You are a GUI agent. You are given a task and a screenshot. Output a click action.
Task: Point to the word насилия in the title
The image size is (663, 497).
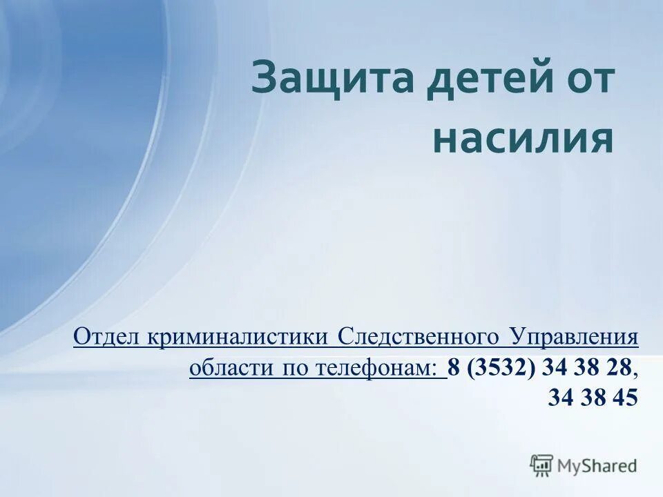point(523,139)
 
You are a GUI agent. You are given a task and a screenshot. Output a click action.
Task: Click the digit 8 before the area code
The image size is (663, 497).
point(454,368)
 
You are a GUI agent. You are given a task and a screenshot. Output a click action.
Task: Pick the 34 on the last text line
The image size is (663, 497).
point(559,398)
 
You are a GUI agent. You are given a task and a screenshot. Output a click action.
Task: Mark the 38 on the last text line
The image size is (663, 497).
point(592,398)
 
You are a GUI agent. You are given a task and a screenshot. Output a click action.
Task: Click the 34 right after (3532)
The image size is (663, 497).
point(554,368)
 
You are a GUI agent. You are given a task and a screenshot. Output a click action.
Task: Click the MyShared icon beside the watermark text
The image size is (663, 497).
point(541,465)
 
